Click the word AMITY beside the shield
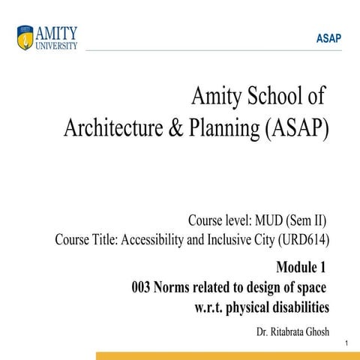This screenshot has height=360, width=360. (58, 32)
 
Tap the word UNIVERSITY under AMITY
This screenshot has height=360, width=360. (58, 44)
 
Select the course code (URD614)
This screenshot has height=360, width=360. (302, 241)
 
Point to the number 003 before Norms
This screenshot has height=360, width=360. (142, 287)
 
